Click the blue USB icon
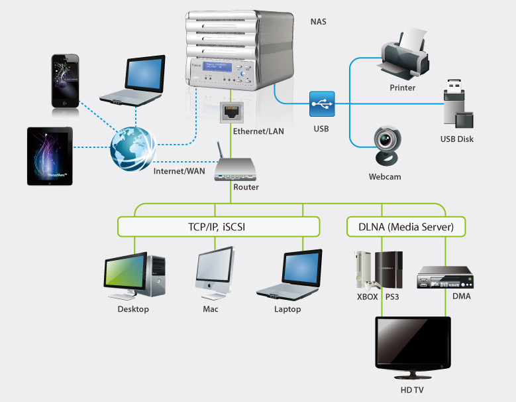[322, 104]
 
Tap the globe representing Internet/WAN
[133, 147]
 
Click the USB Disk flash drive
[456, 106]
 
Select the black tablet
[50, 156]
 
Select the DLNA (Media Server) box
[406, 226]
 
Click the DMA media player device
[444, 278]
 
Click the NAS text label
[318, 22]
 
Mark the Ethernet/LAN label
[258, 131]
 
